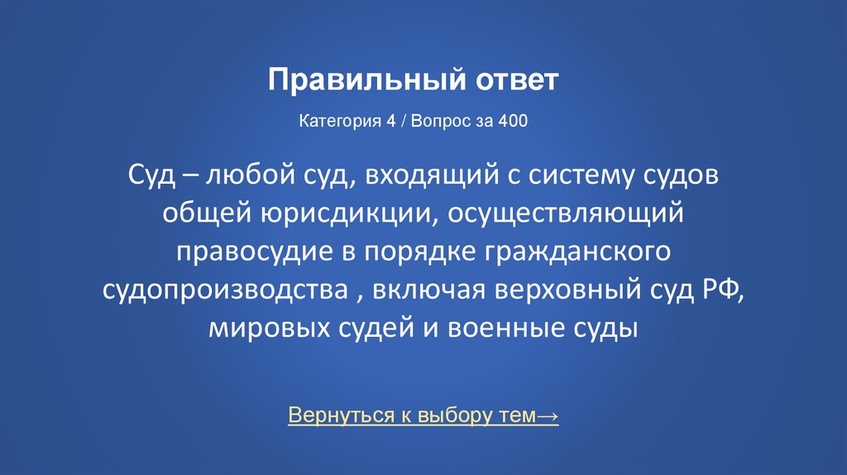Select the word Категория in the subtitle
[x=330, y=121]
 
